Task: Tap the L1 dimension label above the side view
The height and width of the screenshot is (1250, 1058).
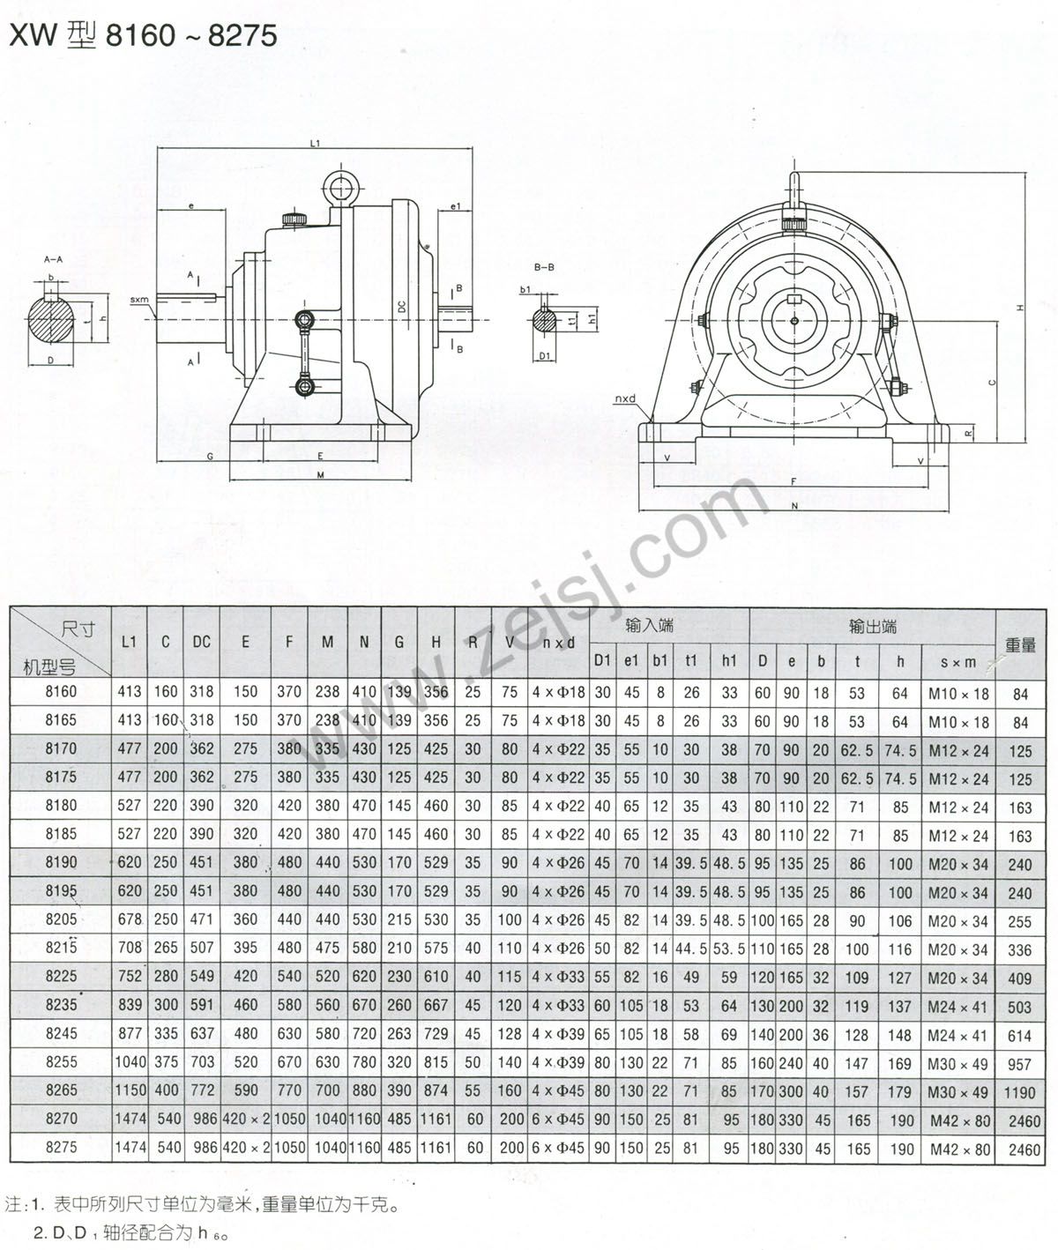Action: [315, 144]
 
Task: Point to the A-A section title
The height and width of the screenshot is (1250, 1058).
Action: [53, 259]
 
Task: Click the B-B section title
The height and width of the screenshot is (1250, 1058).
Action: [544, 267]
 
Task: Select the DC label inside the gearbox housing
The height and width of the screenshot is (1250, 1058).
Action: [402, 307]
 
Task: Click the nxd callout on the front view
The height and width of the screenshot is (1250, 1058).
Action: [625, 398]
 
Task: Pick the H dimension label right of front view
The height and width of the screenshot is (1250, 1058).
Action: [1020, 308]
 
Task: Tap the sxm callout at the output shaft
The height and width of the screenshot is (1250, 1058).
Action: [139, 300]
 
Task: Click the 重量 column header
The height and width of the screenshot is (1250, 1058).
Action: [1020, 645]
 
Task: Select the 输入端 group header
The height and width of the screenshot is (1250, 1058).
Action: [650, 625]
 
